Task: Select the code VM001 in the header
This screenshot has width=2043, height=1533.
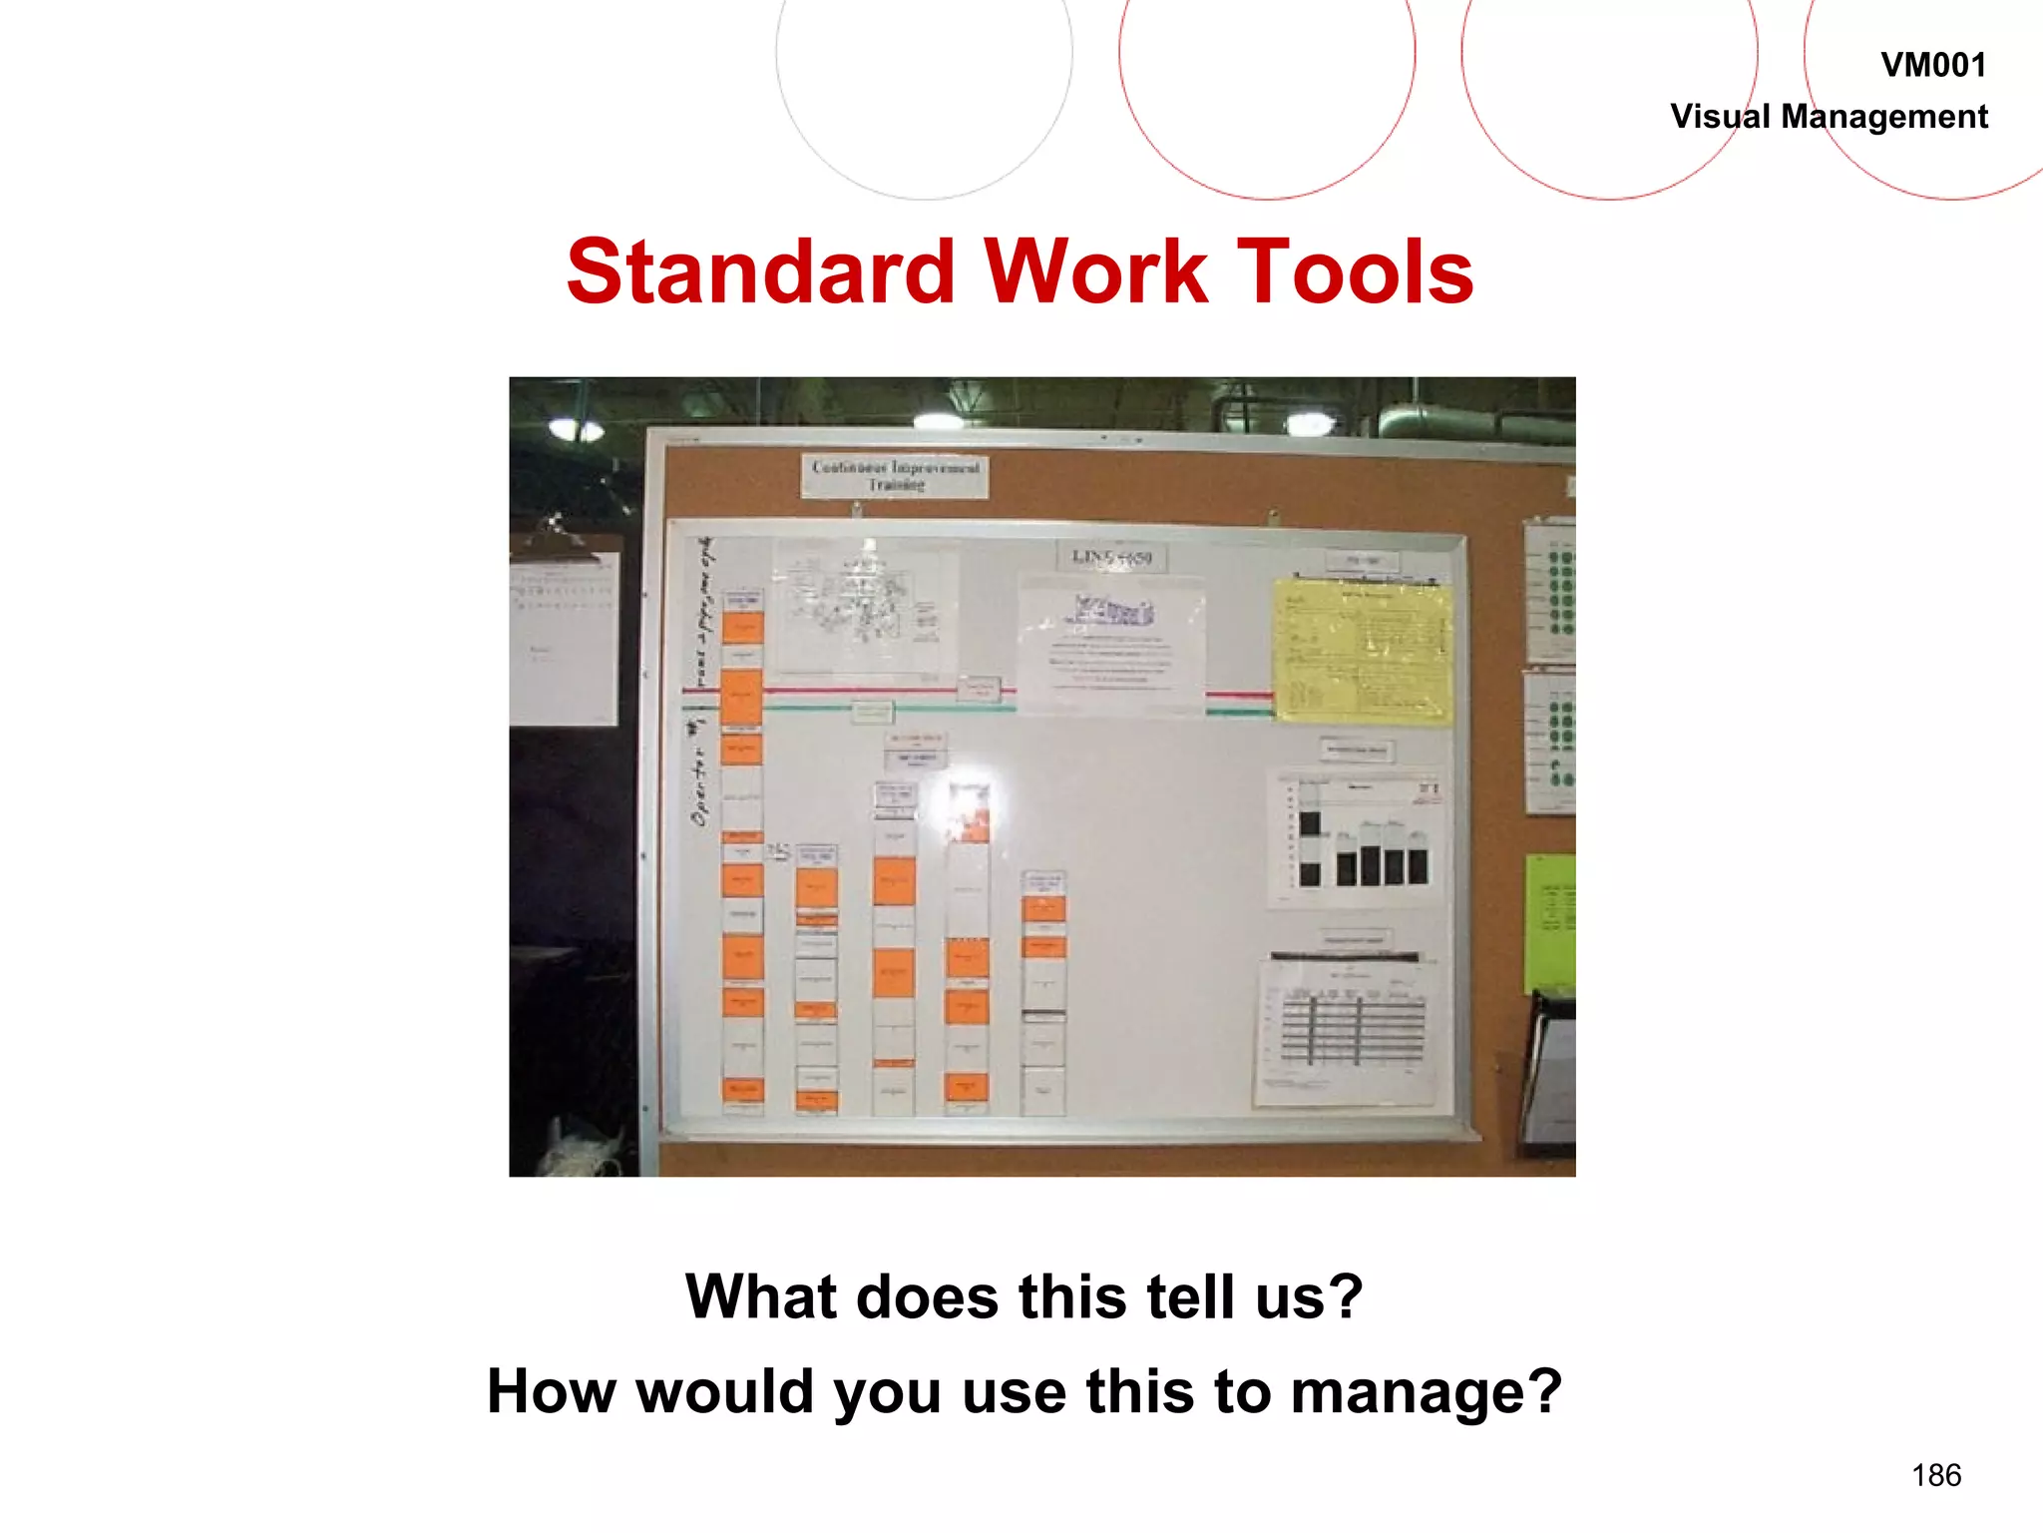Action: (x=1932, y=65)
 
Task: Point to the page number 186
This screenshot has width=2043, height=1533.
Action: (x=1935, y=1474)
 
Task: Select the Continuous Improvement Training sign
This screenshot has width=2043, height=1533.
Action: (x=895, y=476)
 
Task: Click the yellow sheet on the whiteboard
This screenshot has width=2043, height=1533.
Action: (x=1363, y=651)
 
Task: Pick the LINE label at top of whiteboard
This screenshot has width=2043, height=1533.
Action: (x=1111, y=557)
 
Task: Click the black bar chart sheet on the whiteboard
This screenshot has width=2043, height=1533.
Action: (x=1357, y=838)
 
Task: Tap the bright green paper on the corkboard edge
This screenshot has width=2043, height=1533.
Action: (x=1549, y=922)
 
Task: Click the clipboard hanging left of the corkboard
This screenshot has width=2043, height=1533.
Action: (x=564, y=634)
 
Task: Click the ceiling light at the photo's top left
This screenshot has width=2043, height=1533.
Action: (x=576, y=430)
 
